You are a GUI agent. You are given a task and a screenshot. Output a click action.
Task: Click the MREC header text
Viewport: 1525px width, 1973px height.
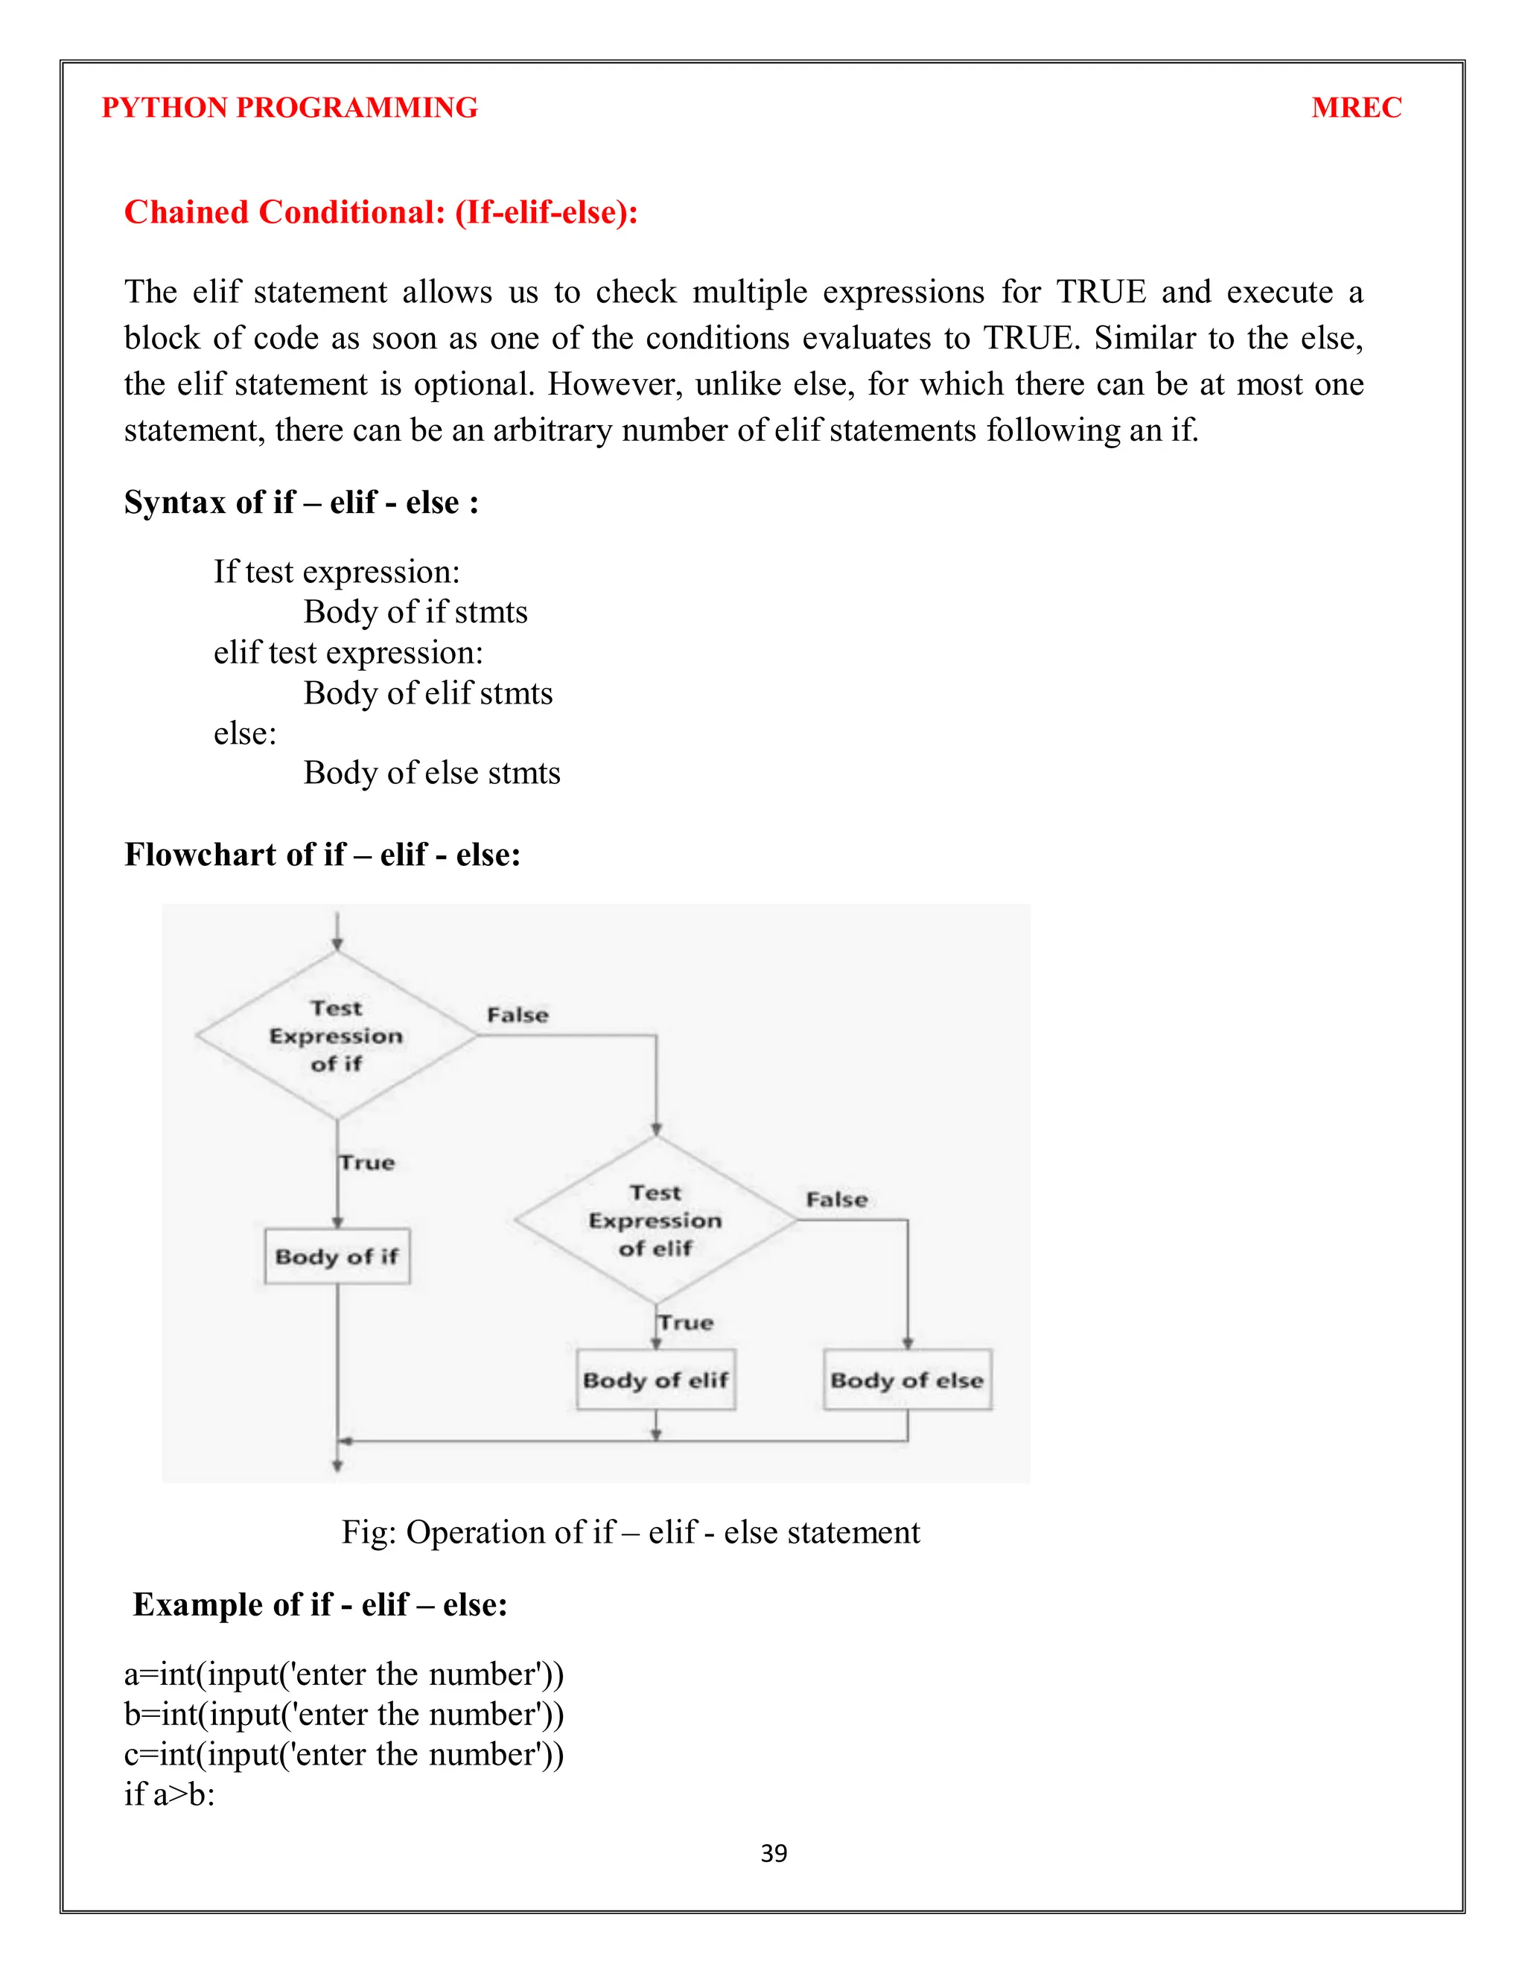pos(1356,107)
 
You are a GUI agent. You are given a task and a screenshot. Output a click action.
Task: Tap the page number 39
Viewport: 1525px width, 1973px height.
pos(774,1853)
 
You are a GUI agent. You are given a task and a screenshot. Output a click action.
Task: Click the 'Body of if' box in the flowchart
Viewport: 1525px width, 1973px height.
pos(337,1256)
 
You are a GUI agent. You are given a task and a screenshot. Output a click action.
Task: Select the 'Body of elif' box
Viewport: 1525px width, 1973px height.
pos(656,1380)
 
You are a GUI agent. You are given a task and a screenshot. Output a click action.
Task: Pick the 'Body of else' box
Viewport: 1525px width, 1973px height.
pos(907,1380)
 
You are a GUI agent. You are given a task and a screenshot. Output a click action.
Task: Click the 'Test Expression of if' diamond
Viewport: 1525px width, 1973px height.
pos(336,1036)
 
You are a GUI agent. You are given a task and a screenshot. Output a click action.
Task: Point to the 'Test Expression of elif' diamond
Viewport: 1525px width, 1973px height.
pos(656,1220)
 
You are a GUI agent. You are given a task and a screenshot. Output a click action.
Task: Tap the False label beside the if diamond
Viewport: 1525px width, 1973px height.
pos(518,1015)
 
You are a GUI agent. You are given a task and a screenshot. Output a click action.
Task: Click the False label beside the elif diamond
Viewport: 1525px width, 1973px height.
pos(836,1199)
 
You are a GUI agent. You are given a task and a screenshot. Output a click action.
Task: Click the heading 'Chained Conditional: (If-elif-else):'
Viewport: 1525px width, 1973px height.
pos(381,212)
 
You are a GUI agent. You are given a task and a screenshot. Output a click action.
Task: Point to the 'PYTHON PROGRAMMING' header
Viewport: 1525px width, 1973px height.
pos(289,107)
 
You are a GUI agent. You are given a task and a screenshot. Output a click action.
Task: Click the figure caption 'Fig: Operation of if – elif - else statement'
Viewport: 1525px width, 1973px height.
pos(631,1532)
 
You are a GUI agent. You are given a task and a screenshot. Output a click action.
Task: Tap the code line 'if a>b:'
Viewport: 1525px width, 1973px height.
pos(170,1794)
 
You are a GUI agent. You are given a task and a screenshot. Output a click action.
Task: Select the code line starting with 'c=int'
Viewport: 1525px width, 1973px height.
pos(343,1754)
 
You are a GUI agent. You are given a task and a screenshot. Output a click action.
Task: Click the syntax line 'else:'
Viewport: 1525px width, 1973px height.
pos(245,733)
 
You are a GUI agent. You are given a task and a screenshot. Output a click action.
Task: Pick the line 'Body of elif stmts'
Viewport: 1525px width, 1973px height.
pos(428,693)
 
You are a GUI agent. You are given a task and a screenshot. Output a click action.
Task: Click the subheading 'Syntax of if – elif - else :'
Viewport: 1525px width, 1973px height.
pos(302,503)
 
